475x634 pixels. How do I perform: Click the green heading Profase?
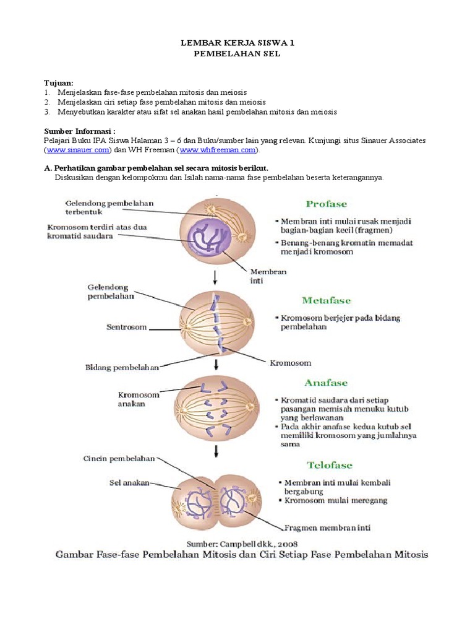327,204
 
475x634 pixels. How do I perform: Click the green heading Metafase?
327,300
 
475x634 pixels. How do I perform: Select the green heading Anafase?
327,383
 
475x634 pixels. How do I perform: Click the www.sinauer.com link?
77,150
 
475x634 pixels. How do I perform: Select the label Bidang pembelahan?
122,367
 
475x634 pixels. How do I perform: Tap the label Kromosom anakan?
139,399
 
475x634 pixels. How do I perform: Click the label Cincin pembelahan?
119,459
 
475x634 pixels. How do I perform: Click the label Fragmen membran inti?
327,528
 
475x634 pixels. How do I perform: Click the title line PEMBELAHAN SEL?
237,54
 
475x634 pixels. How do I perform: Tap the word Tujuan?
59,83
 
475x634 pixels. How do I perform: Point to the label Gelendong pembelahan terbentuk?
109,207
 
